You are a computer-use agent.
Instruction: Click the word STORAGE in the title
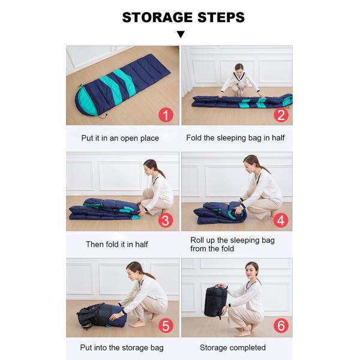157,17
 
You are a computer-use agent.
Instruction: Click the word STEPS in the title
221,17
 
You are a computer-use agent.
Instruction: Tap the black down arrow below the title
181,34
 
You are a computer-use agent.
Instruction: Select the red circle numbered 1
166,115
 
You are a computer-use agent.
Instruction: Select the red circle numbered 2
281,115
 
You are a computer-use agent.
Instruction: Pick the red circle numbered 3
166,220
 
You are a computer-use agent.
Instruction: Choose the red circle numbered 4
281,220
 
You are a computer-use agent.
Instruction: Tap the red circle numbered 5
166,326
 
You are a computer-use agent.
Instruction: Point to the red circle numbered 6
281,326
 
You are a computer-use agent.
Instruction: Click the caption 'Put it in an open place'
120,138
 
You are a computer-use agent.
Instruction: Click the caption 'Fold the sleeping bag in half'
235,138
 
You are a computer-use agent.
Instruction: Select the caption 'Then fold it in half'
117,244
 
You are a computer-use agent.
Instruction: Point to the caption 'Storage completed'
233,347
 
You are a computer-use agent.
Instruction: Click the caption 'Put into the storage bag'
122,347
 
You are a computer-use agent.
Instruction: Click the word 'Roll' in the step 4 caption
197,240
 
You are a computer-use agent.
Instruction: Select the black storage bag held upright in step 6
215,301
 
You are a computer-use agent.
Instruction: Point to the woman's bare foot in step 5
137,324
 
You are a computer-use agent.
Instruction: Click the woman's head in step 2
239,68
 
